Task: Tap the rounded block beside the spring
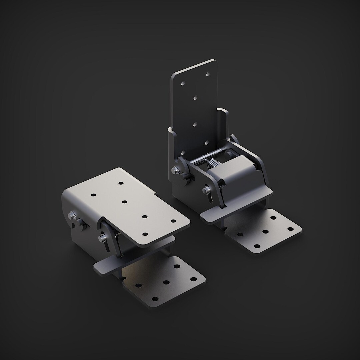233,173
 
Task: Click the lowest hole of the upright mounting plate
206,142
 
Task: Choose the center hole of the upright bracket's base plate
266,231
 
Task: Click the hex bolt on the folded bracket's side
72,216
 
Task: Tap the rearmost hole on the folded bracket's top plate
121,183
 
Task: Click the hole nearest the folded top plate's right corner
173,221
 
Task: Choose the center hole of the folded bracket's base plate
165,282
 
